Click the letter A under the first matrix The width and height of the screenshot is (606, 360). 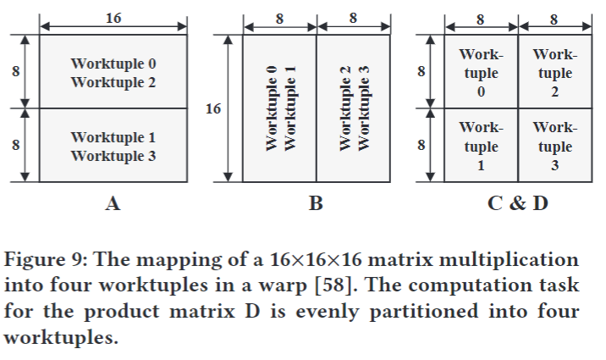[113, 203]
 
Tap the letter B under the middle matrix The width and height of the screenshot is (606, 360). [316, 203]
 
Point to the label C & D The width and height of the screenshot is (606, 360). [517, 203]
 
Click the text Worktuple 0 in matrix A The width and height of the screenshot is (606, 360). [113, 64]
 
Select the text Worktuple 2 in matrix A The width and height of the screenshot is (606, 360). [113, 82]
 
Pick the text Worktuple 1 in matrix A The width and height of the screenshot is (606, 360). [113, 137]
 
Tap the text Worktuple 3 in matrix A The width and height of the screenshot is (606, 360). [113, 156]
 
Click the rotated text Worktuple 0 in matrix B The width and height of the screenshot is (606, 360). [272, 108]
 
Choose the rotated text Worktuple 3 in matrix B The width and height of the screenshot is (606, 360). [364, 108]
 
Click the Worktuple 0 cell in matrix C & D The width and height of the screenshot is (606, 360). [481, 73]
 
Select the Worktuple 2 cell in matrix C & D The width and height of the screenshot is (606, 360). [554, 73]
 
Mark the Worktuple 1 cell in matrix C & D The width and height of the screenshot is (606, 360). [481, 146]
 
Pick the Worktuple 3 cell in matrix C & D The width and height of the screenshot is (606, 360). [554, 146]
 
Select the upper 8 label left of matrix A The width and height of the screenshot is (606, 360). [15, 72]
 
